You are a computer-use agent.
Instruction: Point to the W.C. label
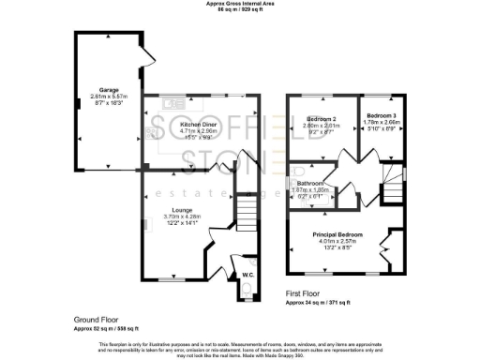(247, 275)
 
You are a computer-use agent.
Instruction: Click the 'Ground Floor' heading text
(95, 320)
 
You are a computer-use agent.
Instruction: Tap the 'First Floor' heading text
(305, 293)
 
